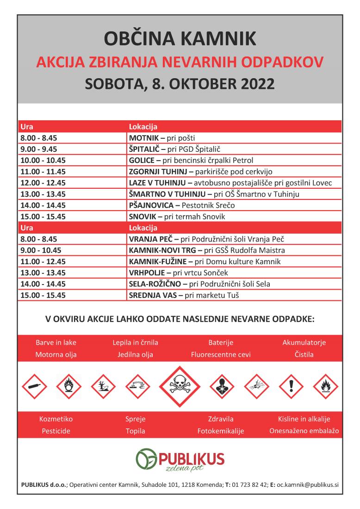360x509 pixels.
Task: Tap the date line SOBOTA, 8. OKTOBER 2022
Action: click(x=180, y=84)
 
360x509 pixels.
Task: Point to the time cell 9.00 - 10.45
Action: click(x=42, y=250)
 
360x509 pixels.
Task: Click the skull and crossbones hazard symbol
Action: click(x=180, y=384)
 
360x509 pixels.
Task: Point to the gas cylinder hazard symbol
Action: click(x=33, y=384)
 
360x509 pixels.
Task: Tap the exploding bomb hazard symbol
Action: click(x=256, y=384)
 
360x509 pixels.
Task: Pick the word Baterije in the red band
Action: click(x=221, y=343)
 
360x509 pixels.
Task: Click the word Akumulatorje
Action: click(x=304, y=343)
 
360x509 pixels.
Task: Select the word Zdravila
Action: click(x=221, y=419)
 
